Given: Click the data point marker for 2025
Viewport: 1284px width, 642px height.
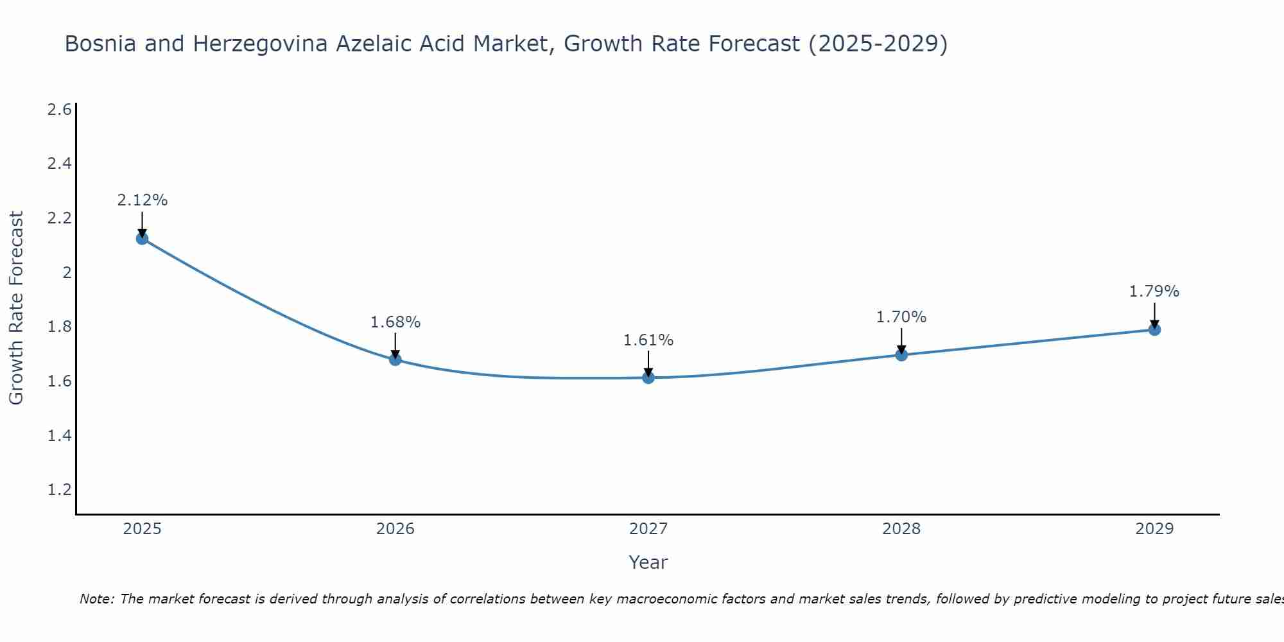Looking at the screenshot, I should coord(143,239).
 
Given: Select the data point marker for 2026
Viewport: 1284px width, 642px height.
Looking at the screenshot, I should coord(395,360).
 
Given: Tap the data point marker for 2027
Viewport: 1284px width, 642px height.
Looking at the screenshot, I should coord(648,377).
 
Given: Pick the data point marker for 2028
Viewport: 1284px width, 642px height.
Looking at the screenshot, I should coord(901,355).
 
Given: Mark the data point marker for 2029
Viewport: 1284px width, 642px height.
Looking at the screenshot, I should coord(1154,330).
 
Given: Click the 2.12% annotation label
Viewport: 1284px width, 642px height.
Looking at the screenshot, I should coord(143,200).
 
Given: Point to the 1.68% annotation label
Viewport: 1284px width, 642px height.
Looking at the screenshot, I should coord(395,322).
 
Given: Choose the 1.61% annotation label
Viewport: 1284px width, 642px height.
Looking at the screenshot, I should coord(648,340).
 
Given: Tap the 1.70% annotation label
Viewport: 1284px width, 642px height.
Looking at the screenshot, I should coord(901,317).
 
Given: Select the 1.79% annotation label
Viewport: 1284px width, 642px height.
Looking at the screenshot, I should coord(1154,291).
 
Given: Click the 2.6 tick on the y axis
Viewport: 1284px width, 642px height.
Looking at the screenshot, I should coord(59,110).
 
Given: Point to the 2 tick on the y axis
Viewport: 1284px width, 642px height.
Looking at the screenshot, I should coord(66,273).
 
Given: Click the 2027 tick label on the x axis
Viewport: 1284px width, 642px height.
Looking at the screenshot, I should coord(648,529).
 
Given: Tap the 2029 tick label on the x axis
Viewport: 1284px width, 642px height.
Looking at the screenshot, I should coord(1154,529).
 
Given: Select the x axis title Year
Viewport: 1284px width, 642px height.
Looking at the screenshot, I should coord(648,562).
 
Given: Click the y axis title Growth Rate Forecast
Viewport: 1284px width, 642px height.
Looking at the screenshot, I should coord(17,308).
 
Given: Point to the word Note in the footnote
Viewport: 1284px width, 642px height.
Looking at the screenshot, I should coord(96,599).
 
